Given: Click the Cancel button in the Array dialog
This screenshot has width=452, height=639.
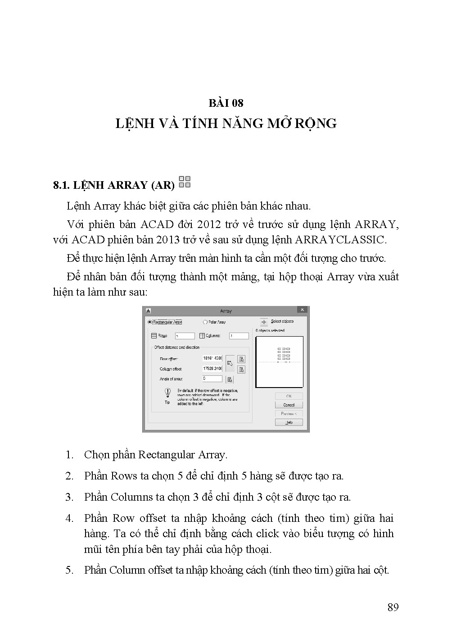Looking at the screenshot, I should pos(289,405).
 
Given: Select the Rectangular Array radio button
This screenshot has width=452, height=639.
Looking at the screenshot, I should pos(150,322).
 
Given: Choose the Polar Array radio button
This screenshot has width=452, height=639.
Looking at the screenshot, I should pos(205,322).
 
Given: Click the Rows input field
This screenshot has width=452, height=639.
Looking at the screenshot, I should pos(185,336).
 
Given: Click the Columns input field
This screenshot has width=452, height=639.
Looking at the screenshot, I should pos(239,336).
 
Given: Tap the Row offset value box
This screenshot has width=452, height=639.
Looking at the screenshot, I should pos(212,358).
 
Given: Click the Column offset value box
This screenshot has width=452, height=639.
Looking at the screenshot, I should pos(212,369).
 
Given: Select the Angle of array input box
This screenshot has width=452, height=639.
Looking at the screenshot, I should pos(212,379).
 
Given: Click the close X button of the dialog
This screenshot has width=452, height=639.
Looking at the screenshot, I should pos(303,310).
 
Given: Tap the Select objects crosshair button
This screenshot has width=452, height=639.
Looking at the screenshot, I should pos(264,322).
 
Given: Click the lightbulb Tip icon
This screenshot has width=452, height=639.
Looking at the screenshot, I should pos(167,393).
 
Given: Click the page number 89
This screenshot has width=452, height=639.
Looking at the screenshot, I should pos(393,607).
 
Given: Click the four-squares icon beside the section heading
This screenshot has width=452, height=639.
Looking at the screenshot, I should pos(185,182).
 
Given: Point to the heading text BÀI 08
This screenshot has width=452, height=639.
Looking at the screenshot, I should pos(226,103).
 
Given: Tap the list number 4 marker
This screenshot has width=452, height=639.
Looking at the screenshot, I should pos(69,518).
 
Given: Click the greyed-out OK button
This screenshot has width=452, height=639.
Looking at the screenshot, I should pos(289,396).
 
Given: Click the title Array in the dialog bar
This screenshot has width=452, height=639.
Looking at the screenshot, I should pos(226,311).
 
